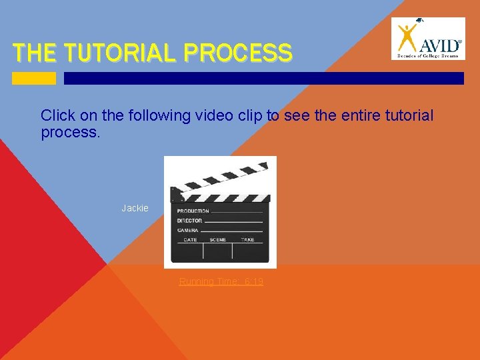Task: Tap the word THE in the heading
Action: click(x=36, y=53)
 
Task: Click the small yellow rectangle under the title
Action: click(x=34, y=78)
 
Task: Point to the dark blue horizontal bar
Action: click(x=263, y=78)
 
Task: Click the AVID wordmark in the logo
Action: click(x=439, y=45)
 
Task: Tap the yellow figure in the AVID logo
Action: click(x=407, y=39)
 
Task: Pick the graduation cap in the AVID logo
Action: click(x=418, y=22)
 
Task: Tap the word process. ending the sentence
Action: click(x=70, y=132)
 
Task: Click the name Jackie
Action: click(x=135, y=209)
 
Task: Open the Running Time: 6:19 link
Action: click(x=221, y=282)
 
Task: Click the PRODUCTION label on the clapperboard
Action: click(x=193, y=211)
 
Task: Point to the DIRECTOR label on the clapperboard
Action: click(x=190, y=221)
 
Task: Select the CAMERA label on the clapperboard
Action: click(x=187, y=230)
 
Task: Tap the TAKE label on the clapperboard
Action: click(x=247, y=239)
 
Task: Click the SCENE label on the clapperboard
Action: click(x=218, y=239)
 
